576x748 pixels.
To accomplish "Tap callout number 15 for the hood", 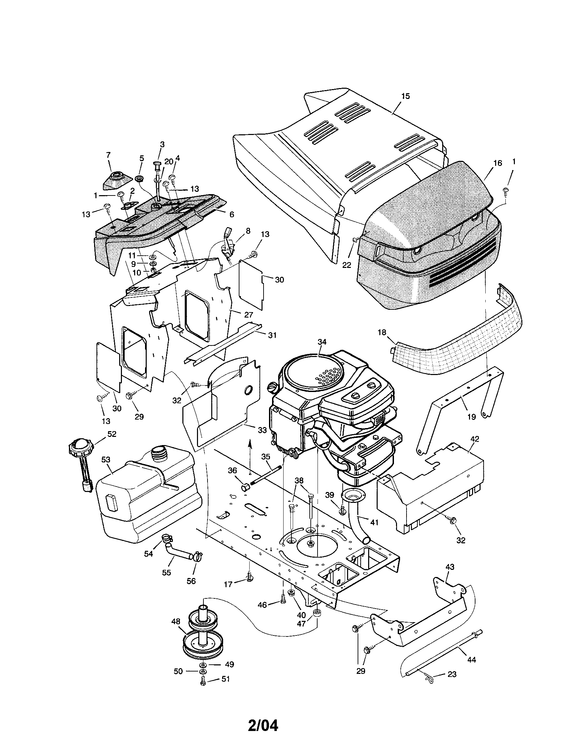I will [405, 96].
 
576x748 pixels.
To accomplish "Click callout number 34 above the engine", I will [322, 341].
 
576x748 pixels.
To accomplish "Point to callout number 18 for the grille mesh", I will [382, 333].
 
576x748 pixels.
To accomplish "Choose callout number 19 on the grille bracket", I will [471, 417].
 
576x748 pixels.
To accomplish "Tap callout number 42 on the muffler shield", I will [475, 439].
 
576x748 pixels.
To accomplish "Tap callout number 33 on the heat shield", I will [262, 430].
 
